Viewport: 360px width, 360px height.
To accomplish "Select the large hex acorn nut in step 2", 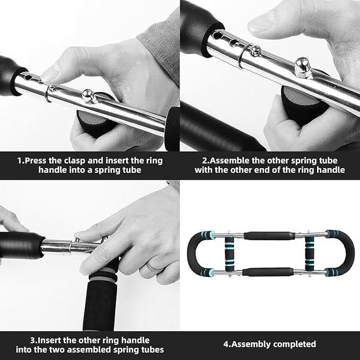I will pos(303,69).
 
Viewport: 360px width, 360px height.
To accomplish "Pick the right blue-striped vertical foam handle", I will pos(309,254).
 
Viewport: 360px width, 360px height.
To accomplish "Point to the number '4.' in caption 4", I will pos(226,344).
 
